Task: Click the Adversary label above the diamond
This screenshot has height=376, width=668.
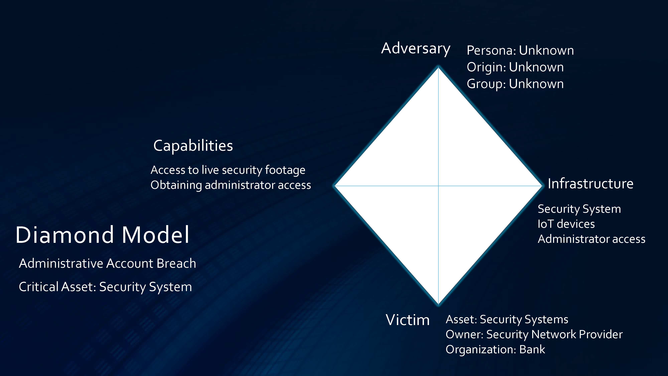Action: pos(416,48)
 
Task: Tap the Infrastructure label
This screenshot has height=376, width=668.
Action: pos(590,184)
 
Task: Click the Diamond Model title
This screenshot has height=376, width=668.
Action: pos(102,235)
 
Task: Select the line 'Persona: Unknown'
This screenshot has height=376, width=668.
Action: pos(520,50)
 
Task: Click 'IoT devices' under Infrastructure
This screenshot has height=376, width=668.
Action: pos(566,224)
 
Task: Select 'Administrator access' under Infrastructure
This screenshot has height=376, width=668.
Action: pos(591,239)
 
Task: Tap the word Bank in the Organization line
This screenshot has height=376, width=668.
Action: pos(532,350)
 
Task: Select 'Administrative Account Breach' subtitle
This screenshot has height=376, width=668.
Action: pos(107,263)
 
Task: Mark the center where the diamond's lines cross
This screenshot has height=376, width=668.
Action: pos(438,186)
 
